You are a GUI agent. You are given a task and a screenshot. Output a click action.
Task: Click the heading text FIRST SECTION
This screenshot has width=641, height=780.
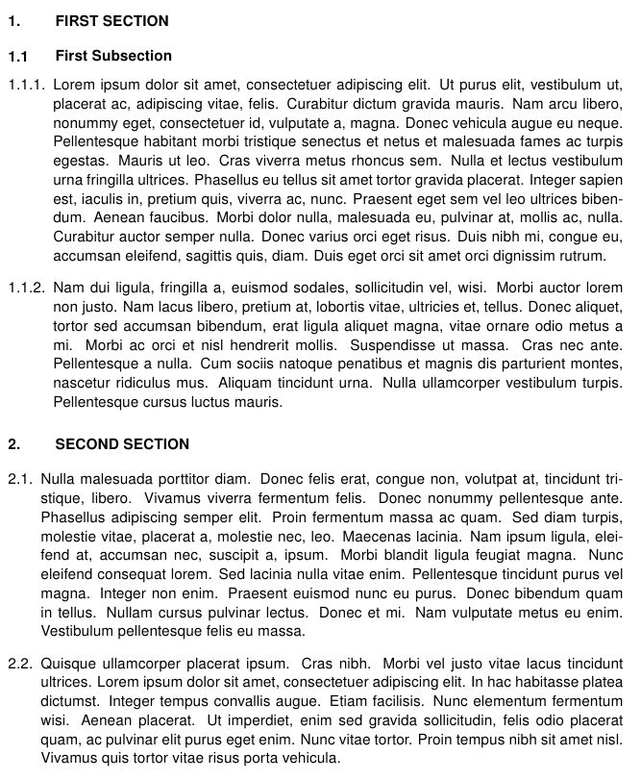111,21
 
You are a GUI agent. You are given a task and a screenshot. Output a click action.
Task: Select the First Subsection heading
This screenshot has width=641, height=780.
113,56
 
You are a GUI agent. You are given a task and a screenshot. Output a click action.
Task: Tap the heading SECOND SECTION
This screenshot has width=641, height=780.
122,444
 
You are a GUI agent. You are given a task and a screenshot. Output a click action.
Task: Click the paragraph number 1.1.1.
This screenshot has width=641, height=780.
26,85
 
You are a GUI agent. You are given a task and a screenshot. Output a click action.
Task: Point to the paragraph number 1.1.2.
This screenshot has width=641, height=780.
26,287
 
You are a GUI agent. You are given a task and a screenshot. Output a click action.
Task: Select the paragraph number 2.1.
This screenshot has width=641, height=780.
20,478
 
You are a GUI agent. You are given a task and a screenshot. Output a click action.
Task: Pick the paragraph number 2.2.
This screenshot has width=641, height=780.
20,663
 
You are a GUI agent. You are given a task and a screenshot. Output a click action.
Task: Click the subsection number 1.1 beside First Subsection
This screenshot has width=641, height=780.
18,57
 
